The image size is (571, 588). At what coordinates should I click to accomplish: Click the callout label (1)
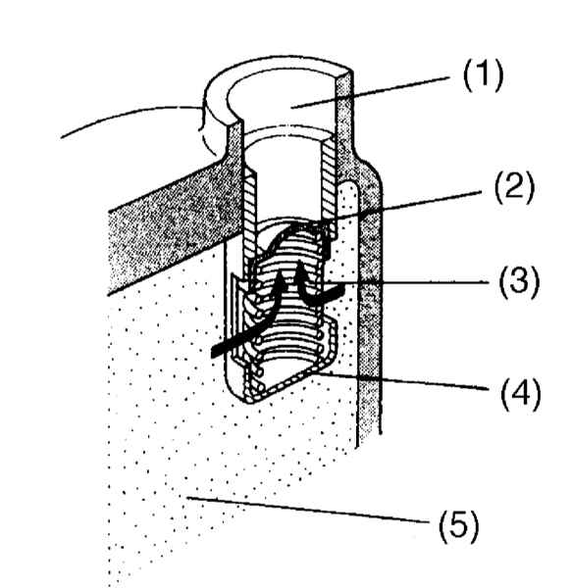tap(483, 75)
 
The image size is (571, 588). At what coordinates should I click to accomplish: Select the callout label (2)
tap(514, 188)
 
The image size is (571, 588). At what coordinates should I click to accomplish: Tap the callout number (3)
tap(519, 282)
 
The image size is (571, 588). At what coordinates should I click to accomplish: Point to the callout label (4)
tap(521, 395)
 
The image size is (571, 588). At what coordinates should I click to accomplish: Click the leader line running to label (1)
tap(370, 93)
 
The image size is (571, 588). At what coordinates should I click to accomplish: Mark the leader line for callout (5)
tap(308, 510)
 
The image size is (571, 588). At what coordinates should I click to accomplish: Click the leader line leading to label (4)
tap(401, 381)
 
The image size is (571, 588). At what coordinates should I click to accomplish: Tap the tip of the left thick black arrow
tap(280, 272)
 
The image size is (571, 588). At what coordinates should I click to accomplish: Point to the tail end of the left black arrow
tap(213, 353)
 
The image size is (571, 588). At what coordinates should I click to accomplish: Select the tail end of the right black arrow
tap(342, 288)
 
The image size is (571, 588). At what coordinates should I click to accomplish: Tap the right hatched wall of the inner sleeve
tap(328, 176)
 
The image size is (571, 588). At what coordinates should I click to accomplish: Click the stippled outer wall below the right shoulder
tap(370, 300)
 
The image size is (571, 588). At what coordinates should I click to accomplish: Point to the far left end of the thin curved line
tap(61, 138)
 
